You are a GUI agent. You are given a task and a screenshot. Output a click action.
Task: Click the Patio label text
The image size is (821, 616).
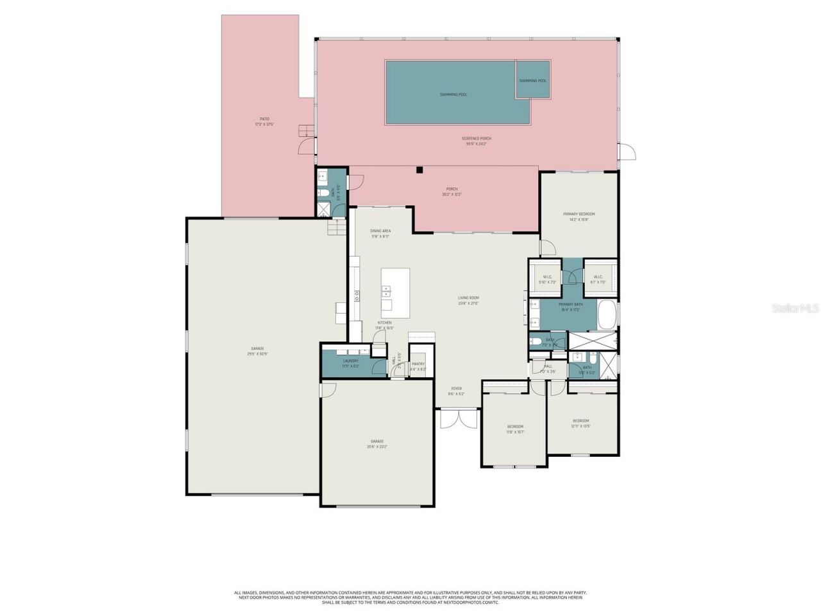[x=264, y=119]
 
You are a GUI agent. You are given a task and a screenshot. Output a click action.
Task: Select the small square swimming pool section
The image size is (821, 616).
[x=533, y=80]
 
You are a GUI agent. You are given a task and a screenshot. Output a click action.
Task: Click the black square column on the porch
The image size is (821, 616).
[x=419, y=170]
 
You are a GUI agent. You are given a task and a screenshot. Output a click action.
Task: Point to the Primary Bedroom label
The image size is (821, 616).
[x=579, y=214]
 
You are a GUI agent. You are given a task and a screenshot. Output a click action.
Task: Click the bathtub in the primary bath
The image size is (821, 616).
[x=607, y=314]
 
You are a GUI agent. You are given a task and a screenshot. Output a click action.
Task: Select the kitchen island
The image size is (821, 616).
[x=394, y=289]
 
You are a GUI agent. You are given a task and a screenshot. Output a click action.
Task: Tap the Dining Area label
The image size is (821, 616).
[x=380, y=231]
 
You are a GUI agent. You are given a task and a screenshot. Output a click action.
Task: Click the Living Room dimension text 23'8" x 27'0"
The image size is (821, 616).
[x=468, y=304]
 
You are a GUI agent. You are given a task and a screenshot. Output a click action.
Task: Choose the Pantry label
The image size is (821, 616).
[x=418, y=364]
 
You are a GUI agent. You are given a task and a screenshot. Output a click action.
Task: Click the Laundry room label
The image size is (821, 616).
[x=351, y=361]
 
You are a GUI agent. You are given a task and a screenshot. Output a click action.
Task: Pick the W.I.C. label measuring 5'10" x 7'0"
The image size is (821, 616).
[x=547, y=277]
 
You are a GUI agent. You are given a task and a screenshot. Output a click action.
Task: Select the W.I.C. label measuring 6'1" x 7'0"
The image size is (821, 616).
[x=598, y=277]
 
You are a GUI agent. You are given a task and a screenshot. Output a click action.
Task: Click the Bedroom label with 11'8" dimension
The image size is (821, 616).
[x=515, y=427]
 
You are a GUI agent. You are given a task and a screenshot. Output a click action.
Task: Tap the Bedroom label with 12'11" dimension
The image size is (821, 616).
[x=580, y=421]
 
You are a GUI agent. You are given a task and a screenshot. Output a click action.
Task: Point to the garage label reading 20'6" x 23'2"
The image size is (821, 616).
[x=377, y=441]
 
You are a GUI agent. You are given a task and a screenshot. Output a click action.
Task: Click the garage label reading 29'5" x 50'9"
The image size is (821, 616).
[x=257, y=348]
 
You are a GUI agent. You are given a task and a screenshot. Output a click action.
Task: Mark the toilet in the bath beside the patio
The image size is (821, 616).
[x=324, y=192]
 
